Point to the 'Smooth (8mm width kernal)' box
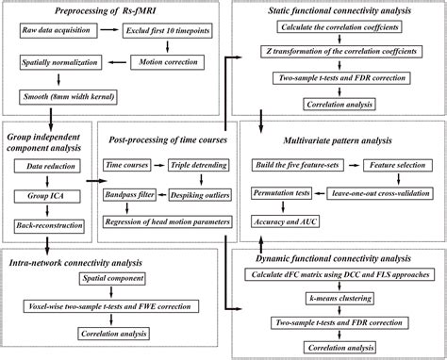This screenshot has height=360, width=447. click(x=70, y=95)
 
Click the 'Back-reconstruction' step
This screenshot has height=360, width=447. click(x=46, y=226)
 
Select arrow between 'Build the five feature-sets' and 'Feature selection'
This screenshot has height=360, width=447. click(x=352, y=164)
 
